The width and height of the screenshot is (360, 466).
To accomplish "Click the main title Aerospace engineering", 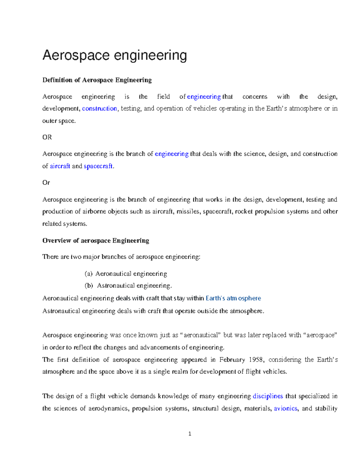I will click(115, 56).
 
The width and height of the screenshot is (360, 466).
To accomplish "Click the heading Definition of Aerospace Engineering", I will click(97, 80).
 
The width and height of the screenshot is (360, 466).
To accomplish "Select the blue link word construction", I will click(99, 109).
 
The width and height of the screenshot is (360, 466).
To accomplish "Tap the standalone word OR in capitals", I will click(47, 137).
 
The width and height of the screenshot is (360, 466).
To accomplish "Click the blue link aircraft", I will click(60, 166).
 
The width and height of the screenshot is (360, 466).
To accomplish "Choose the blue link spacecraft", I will click(98, 166).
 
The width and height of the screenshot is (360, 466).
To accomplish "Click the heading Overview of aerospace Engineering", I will click(96, 241).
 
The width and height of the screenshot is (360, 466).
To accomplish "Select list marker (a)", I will click(88, 274).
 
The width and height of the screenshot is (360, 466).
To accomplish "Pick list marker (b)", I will click(89, 286).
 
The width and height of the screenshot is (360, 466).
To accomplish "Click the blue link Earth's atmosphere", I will click(233, 298).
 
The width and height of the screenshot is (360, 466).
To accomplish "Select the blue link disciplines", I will click(268, 396).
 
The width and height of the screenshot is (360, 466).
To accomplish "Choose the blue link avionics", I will click(286, 409).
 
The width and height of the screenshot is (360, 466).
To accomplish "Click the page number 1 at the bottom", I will click(190, 434).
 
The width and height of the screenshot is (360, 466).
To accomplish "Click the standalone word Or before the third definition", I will click(46, 183).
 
